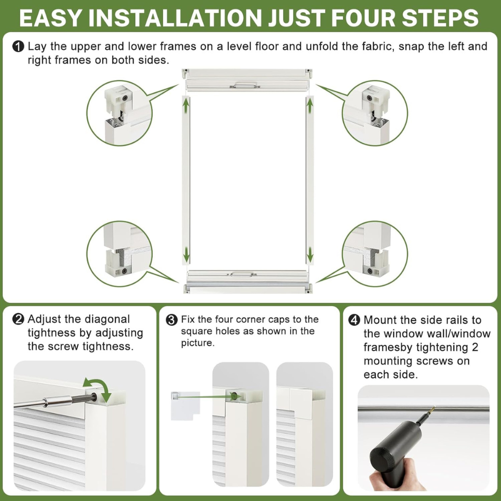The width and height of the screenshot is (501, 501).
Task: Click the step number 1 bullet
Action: coord(18,47)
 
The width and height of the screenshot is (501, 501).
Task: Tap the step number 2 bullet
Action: coord(18,319)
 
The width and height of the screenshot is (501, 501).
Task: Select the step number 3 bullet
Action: coord(172,320)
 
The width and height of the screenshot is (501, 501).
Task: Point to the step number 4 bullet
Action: coord(354,320)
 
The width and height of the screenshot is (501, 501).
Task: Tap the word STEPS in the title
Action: coord(440,18)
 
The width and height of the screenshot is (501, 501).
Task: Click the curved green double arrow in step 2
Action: coord(98,388)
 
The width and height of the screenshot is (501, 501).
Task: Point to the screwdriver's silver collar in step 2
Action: coord(58,401)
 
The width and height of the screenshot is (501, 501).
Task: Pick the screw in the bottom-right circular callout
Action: coord(370,271)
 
